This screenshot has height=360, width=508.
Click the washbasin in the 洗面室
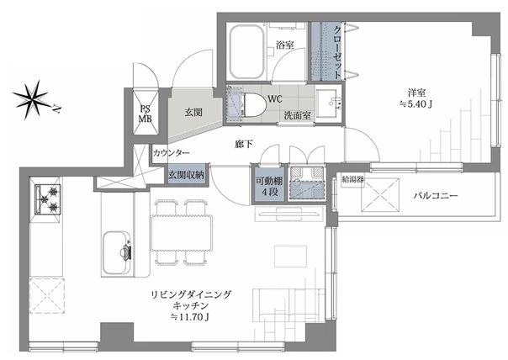(328, 103)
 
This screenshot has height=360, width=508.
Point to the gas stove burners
(48, 199)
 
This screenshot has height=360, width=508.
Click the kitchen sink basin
(117, 252)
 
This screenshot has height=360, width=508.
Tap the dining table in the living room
(182, 233)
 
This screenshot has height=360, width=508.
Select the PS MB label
(146, 114)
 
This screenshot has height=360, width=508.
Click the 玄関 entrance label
(193, 112)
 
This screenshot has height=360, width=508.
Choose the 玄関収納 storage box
(186, 175)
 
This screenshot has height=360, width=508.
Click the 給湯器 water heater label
(352, 180)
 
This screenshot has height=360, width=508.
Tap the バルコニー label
(435, 196)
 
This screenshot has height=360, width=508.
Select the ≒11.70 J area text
(190, 317)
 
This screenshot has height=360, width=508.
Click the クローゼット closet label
(337, 52)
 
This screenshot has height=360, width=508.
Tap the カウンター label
(171, 152)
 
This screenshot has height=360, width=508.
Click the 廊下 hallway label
(243, 144)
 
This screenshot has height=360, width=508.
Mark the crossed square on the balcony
(380, 195)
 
